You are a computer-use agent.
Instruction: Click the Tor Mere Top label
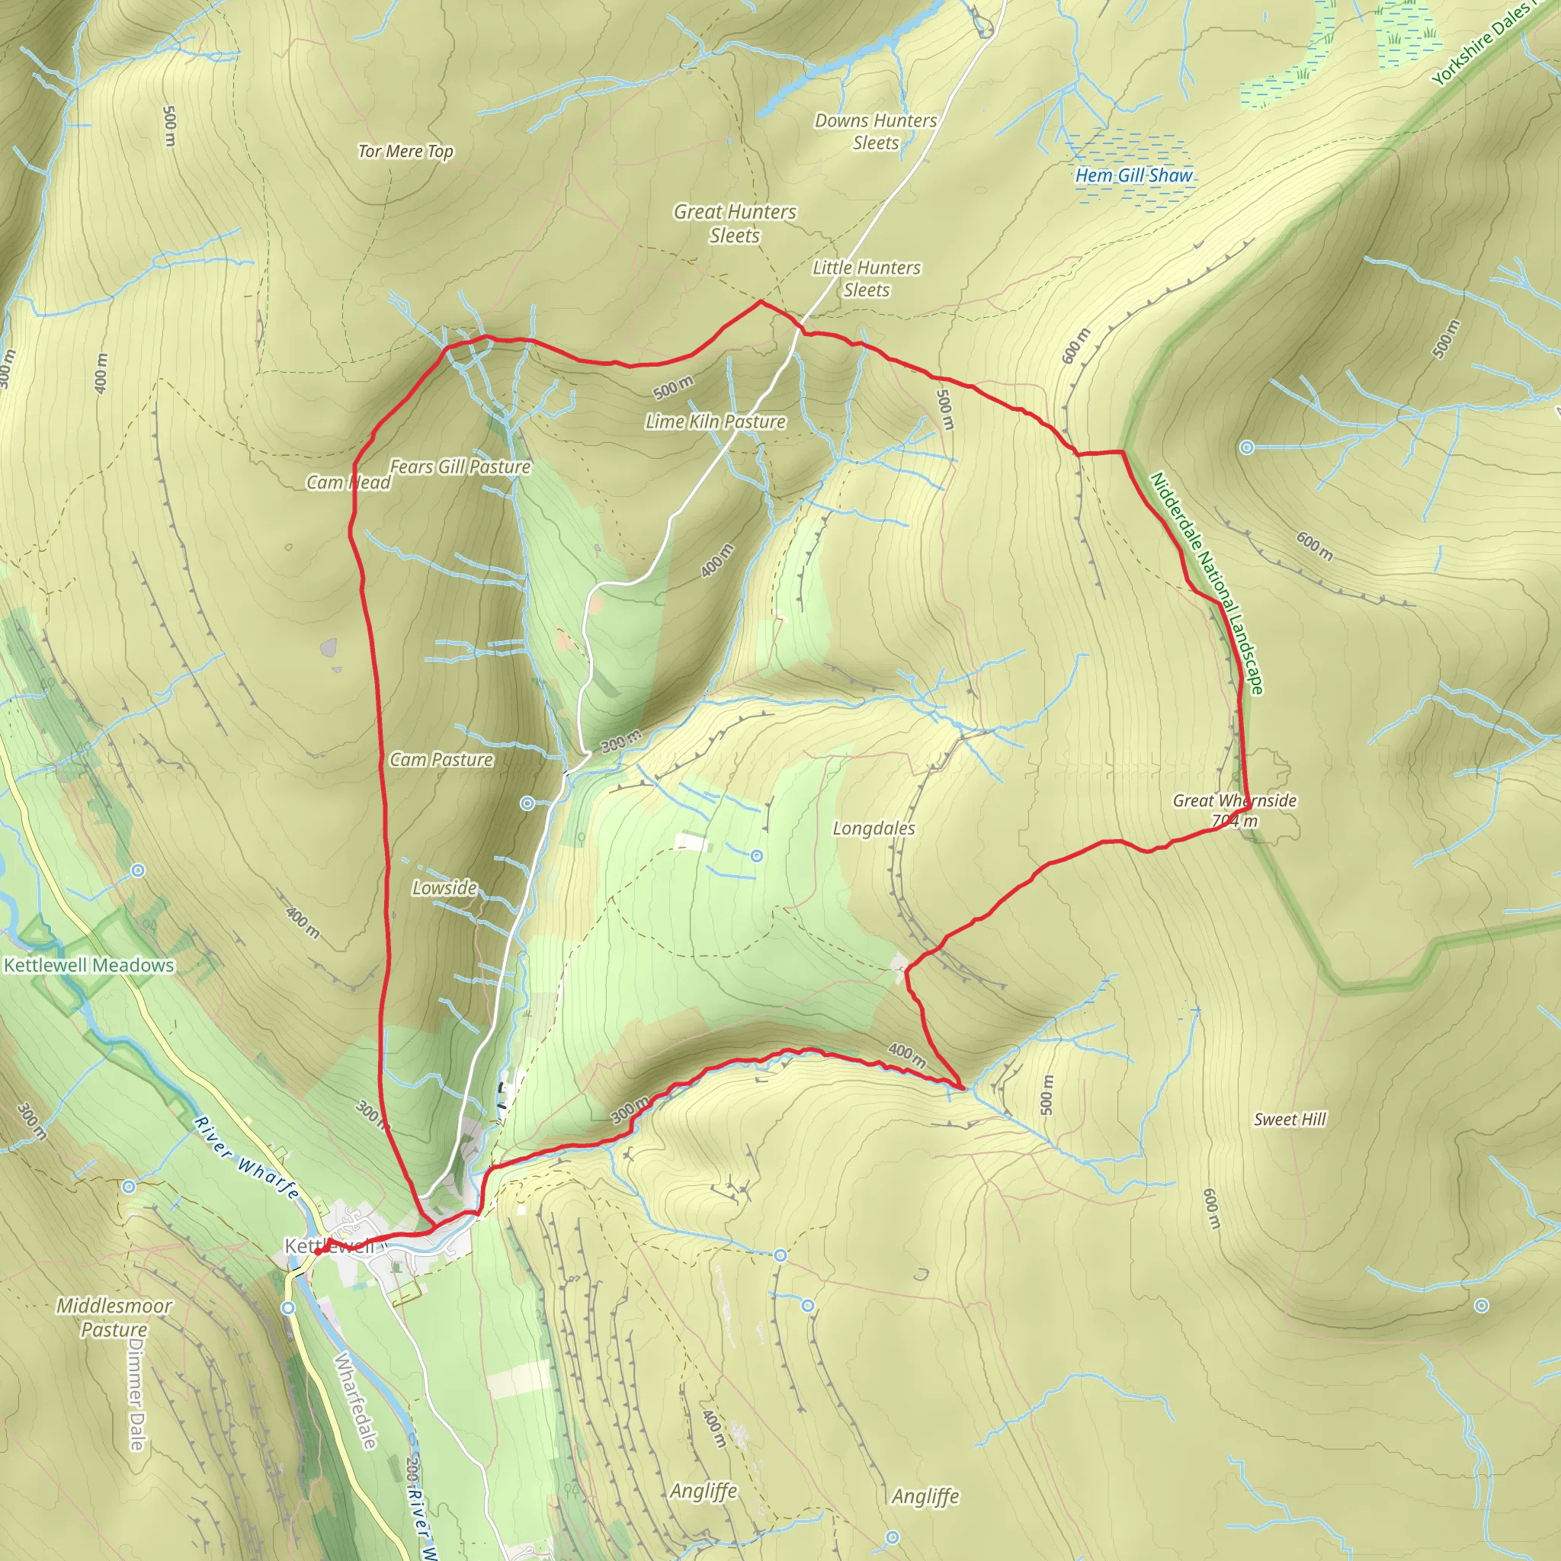click(405, 151)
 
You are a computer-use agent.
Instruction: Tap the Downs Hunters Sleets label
click(875, 132)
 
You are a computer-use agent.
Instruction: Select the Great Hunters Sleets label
click(735, 223)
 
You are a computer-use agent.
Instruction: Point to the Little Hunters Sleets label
click(866, 278)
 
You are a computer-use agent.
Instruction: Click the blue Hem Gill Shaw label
click(1133, 175)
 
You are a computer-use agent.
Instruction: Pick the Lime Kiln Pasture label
click(715, 421)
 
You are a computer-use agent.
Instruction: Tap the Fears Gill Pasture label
click(460, 466)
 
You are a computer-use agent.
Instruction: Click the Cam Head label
click(348, 482)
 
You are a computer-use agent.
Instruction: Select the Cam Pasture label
click(441, 758)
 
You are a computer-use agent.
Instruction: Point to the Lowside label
click(444, 887)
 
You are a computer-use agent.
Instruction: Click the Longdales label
click(874, 829)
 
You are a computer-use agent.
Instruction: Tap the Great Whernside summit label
click(1234, 809)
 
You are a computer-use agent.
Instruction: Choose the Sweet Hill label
click(1290, 1119)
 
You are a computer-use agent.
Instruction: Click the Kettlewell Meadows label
click(89, 965)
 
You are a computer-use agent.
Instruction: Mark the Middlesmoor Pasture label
click(114, 1317)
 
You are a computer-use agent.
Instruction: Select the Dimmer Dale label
click(136, 1394)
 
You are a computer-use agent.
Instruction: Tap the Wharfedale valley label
click(354, 1399)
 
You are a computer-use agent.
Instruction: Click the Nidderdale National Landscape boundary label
click(1207, 582)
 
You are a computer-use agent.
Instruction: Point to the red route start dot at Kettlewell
click(319, 1252)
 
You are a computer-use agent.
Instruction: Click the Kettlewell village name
click(329, 1246)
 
